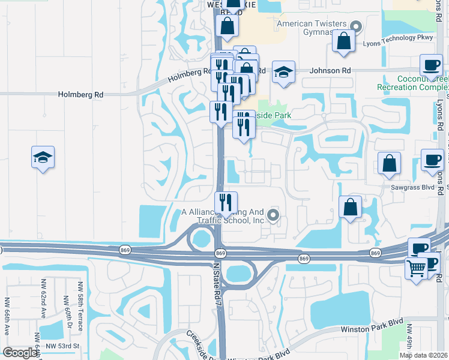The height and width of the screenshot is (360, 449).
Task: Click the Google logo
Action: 20,353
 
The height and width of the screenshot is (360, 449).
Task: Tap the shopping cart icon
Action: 416,267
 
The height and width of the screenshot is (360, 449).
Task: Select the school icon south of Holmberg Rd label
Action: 43,158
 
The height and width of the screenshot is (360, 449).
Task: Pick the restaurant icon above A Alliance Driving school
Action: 226,203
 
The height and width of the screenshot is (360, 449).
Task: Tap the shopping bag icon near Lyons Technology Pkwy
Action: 344,41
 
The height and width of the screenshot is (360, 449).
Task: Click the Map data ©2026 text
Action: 424,355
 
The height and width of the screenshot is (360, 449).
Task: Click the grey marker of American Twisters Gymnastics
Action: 357,26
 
